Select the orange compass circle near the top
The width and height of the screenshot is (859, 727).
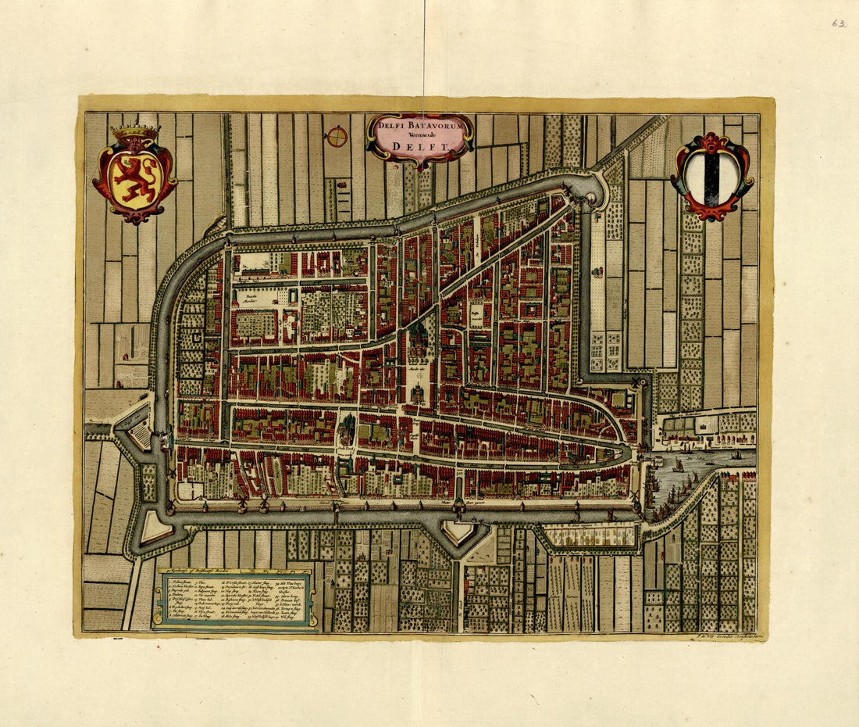337,137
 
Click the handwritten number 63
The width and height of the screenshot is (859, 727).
839,23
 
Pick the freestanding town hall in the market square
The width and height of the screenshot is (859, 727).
419,393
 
